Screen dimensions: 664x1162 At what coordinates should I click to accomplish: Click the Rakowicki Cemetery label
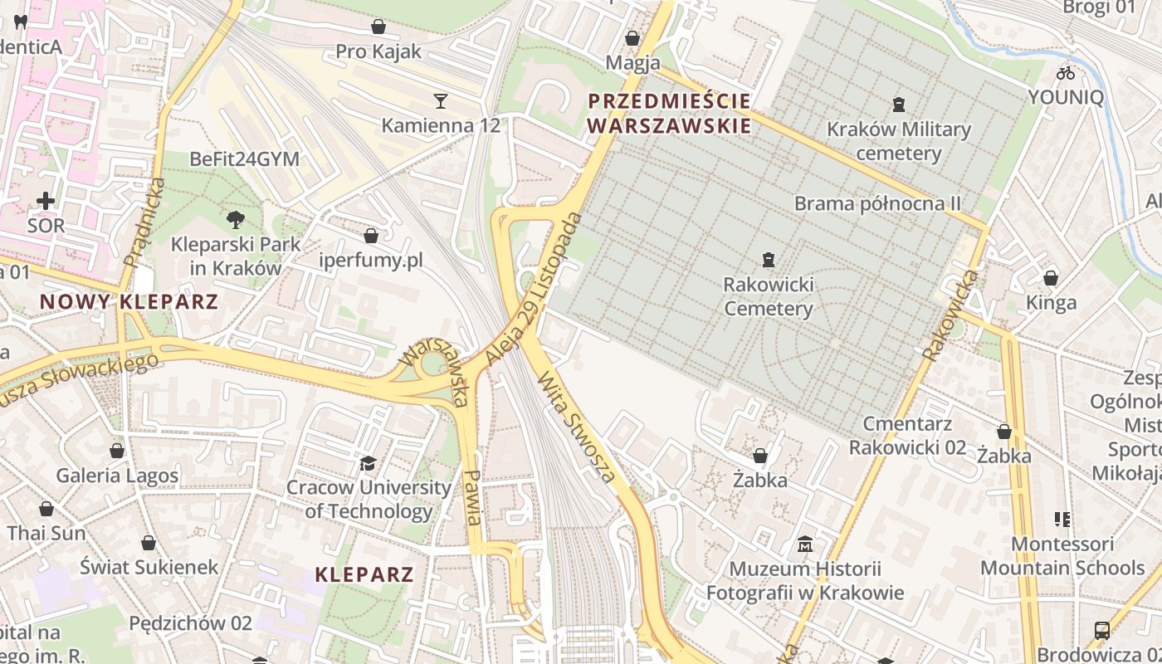pyautogui.click(x=769, y=297)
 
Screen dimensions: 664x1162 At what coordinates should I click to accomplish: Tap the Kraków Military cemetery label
pyautogui.click(x=899, y=141)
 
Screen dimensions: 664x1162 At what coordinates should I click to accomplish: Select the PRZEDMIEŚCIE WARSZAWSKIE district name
pyautogui.click(x=669, y=114)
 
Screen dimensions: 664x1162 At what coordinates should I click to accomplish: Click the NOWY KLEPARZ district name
pyautogui.click(x=129, y=301)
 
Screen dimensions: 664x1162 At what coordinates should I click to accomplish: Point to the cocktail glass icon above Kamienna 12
pyautogui.click(x=441, y=101)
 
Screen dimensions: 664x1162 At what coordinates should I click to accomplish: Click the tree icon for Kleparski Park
pyautogui.click(x=236, y=220)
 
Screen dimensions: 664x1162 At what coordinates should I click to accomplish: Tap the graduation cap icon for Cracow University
pyautogui.click(x=368, y=463)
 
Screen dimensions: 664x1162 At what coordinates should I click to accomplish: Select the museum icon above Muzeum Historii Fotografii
pyautogui.click(x=804, y=545)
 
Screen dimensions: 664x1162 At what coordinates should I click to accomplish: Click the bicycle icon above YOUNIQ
pyautogui.click(x=1066, y=73)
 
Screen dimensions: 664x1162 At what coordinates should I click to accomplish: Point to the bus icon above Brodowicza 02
pyautogui.click(x=1102, y=631)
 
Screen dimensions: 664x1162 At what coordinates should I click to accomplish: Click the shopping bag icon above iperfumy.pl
pyautogui.click(x=371, y=237)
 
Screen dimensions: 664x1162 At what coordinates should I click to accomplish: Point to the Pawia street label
pyautogui.click(x=473, y=497)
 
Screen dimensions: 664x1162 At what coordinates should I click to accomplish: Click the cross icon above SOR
pyautogui.click(x=46, y=201)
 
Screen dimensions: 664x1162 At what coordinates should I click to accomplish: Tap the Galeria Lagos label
pyautogui.click(x=117, y=476)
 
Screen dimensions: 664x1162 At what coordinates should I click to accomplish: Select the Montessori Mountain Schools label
pyautogui.click(x=1062, y=556)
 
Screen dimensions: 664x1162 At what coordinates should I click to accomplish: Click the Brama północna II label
pyautogui.click(x=877, y=203)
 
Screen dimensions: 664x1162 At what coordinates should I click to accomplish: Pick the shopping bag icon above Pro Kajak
pyautogui.click(x=378, y=27)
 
